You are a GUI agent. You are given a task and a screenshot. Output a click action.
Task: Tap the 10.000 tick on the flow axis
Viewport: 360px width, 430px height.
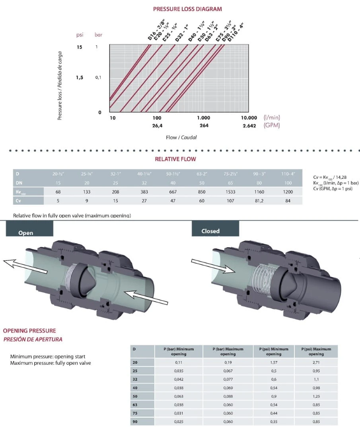(249, 118)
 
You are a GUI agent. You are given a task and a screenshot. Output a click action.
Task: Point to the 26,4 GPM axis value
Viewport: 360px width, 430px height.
(157, 126)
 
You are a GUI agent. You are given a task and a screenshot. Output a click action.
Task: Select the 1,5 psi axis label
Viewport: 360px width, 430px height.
(80, 77)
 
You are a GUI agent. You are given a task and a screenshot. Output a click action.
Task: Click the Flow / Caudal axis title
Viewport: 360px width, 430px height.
(181, 137)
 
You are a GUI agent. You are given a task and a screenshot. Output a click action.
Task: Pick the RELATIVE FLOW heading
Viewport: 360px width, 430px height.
(175, 159)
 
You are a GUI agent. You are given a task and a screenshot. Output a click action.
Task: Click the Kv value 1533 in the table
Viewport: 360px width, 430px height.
(230, 192)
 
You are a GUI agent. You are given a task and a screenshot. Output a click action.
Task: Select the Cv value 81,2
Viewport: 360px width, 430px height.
(259, 201)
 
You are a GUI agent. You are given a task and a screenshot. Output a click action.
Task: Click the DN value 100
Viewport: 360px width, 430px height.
(288, 183)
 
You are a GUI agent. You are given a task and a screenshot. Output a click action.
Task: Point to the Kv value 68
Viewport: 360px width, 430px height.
(58, 192)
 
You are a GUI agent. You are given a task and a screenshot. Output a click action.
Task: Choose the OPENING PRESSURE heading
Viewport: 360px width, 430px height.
(29, 330)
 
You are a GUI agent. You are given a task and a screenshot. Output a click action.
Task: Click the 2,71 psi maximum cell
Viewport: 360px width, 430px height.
(316, 363)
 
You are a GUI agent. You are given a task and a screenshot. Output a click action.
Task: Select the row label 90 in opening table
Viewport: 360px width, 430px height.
(135, 422)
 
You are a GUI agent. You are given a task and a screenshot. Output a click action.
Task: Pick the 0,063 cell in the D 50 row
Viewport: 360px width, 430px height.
(179, 396)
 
